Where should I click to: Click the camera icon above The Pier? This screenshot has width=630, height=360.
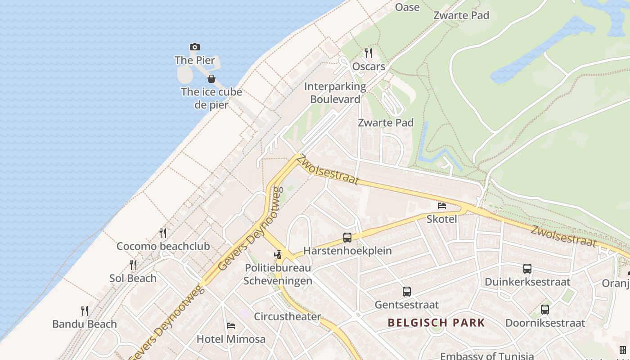pos(194,47)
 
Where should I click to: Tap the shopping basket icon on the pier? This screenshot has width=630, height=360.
pos(211,79)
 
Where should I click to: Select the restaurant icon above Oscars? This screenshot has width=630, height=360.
pos(369,53)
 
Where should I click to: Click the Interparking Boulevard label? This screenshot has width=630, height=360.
pos(335,93)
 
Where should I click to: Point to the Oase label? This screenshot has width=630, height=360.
pos(407,7)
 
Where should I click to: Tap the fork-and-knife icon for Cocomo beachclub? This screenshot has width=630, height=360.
pos(163,233)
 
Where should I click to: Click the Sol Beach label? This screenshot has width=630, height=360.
pos(133,278)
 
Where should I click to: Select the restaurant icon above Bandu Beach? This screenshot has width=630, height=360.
pos(84,310)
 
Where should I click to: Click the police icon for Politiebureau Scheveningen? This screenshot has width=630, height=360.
pos(278,254)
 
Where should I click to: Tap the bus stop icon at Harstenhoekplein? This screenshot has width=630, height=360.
pos(347,238)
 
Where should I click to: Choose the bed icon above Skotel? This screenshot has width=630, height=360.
pos(442,206)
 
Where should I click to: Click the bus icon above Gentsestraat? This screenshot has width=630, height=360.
pos(406,292)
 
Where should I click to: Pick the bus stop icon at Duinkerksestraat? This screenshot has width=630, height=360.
pos(527,269)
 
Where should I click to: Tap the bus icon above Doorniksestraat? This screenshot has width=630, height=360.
pos(545,310)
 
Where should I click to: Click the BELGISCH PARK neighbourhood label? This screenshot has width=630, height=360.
pos(436,323)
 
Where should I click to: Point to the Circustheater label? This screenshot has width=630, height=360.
pos(288,316)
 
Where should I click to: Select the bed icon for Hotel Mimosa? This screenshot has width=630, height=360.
pos(231,325)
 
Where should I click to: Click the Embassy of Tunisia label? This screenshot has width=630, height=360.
pos(486,356)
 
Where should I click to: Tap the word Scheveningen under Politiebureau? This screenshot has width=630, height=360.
pos(278,281)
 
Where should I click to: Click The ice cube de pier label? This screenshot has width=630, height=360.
pos(211,98)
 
